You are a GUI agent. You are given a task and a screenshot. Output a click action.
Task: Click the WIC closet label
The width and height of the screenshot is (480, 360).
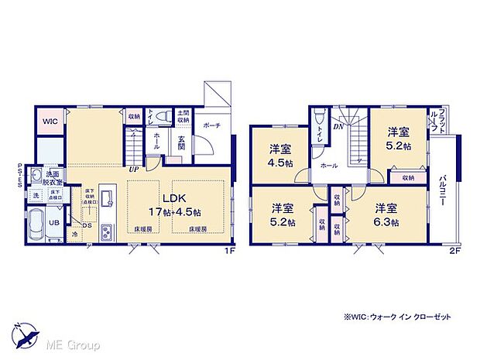coord(49,122)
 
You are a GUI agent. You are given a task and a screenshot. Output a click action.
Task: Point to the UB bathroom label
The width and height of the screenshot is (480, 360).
coord(54,223)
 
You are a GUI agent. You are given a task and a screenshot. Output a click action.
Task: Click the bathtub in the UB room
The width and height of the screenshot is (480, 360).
coord(39,227)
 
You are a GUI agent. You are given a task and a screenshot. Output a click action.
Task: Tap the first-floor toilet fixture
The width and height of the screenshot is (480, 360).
coord(161,117)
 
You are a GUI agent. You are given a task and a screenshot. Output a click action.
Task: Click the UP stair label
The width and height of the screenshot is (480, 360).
coord(134,168)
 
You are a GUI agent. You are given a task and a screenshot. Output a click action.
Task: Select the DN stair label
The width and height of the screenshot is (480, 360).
coord(338,126)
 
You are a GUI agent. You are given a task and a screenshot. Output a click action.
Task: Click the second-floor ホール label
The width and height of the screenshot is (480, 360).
coord(328,166)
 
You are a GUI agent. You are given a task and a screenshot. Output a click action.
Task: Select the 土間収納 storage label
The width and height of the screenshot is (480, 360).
coord(183,117)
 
